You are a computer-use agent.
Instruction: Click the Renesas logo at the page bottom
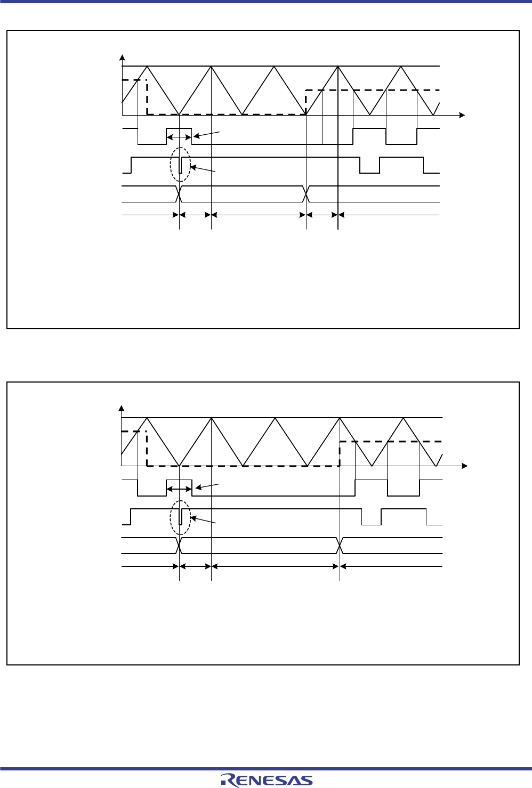[x=267, y=779]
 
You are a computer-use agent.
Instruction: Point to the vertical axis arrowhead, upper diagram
[x=123, y=58]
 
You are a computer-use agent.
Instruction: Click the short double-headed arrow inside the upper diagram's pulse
[x=179, y=137]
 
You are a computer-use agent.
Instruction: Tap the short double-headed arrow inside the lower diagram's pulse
[x=179, y=489]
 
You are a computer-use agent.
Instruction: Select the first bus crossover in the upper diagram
[x=180, y=194]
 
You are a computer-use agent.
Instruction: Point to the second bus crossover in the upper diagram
[x=307, y=194]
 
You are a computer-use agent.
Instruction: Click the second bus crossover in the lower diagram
[x=340, y=546]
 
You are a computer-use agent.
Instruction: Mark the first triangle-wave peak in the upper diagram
[x=147, y=66]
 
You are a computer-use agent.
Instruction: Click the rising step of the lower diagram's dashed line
[x=340, y=453]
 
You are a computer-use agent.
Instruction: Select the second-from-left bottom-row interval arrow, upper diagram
[x=196, y=215]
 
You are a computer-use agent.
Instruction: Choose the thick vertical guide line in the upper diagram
[x=338, y=160]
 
